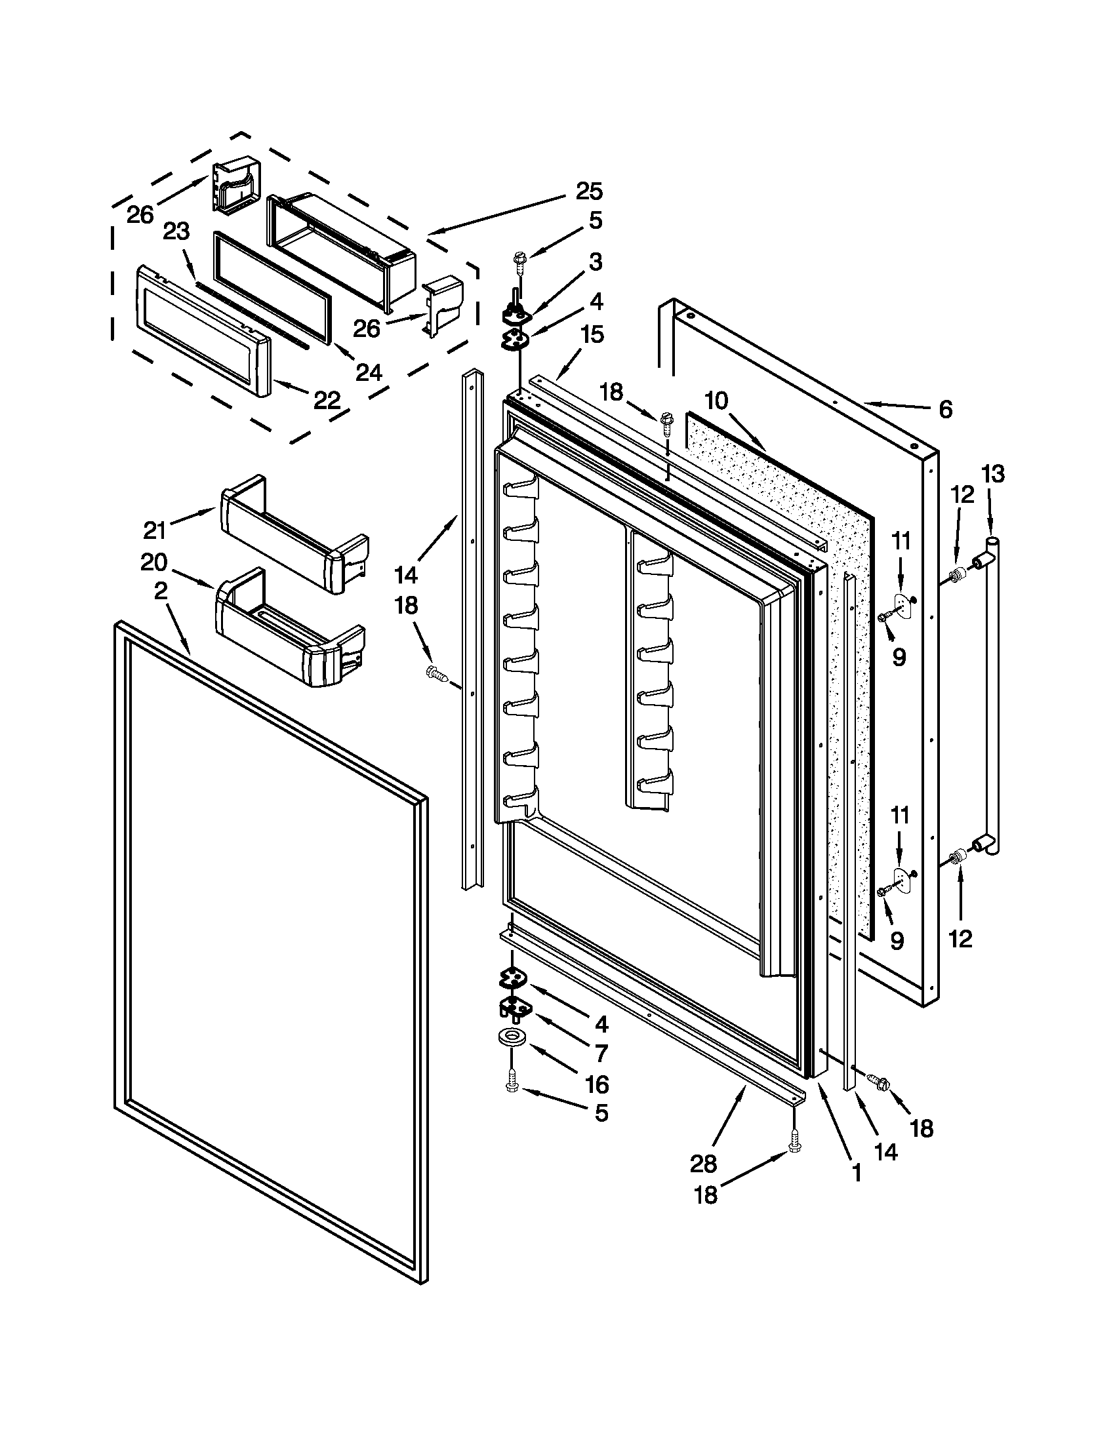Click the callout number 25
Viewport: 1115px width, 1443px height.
tap(588, 191)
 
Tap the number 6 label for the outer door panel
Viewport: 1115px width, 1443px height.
tap(945, 410)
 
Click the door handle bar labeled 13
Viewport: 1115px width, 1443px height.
tap(992, 694)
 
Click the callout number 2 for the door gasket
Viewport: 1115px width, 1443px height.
tap(161, 591)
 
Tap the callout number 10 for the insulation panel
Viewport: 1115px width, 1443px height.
tap(716, 400)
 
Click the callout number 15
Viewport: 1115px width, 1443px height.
tap(592, 334)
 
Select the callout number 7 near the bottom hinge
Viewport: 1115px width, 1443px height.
tap(601, 1052)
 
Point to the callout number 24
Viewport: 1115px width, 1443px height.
tap(369, 372)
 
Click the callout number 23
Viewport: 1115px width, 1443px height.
tap(176, 231)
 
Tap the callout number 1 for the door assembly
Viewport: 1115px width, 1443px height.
tap(856, 1173)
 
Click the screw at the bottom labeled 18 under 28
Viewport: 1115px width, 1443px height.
tap(795, 1141)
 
